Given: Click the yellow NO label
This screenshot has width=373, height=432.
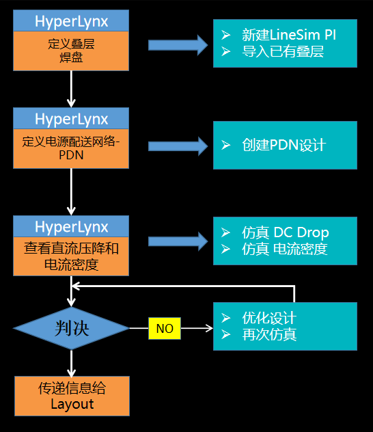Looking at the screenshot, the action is [165, 328].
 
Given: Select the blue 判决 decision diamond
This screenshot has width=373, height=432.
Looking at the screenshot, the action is [71, 328].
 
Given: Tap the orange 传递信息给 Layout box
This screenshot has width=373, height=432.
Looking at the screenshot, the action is [72, 396].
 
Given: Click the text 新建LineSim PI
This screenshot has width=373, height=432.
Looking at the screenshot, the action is [289, 35].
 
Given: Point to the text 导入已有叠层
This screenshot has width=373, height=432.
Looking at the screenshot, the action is [283, 51].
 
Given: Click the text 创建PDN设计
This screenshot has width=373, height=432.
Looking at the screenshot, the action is [284, 145].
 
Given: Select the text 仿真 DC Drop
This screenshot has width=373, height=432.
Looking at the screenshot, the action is [285, 232].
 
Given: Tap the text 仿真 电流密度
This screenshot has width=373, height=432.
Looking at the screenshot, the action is [284, 249].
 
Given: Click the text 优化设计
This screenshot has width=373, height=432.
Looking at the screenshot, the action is [269, 318].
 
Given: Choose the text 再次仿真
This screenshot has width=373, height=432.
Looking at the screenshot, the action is [269, 334].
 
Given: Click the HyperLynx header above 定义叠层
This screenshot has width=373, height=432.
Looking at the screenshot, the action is [71, 21].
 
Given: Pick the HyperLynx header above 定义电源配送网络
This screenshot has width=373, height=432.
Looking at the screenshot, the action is [71, 118].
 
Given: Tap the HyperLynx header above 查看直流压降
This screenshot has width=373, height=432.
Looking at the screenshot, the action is [71, 226].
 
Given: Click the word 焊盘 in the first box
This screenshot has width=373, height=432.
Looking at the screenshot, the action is [71, 58].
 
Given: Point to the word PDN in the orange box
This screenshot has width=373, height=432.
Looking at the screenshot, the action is [71, 155].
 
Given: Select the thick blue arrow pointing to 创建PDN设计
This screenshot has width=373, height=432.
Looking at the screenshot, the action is [178, 146].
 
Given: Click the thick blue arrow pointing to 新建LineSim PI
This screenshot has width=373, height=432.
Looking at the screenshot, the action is [178, 45].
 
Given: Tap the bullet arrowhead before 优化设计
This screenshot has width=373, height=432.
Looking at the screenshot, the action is [225, 318].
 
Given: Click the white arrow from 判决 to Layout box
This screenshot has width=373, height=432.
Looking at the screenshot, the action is [71, 364].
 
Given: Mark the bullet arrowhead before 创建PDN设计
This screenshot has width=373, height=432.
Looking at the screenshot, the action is [225, 145].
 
